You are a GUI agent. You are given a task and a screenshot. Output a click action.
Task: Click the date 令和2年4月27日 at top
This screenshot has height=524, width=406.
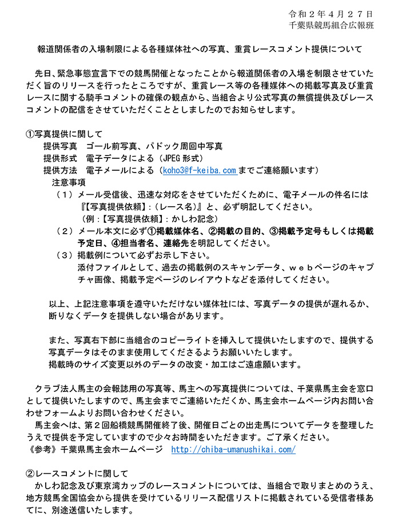[x=331, y=13]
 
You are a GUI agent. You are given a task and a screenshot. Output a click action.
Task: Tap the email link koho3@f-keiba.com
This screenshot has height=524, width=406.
[x=199, y=170]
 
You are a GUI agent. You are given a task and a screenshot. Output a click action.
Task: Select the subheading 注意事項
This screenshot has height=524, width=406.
[x=69, y=182]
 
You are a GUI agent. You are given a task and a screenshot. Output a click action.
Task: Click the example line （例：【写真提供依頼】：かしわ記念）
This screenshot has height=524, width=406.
[x=148, y=219]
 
